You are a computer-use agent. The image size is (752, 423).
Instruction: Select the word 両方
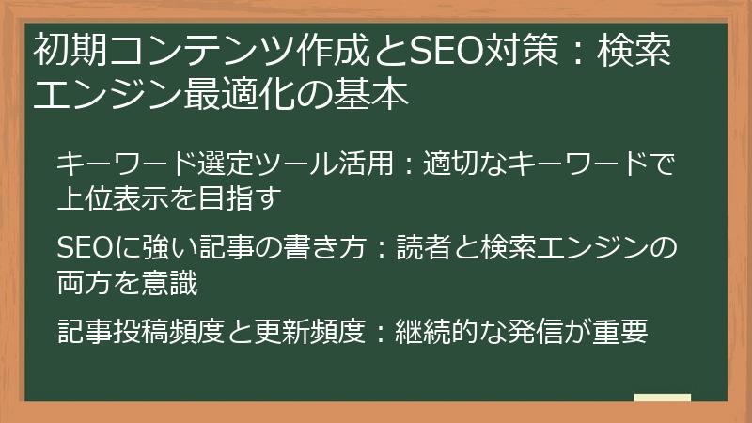point(81,283)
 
